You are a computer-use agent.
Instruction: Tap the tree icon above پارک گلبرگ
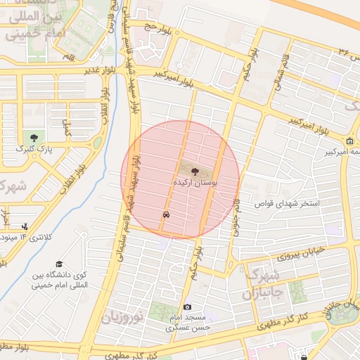click(32, 136)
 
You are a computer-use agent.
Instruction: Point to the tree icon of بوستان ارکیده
click(195, 171)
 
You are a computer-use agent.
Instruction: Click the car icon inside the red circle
click(165, 214)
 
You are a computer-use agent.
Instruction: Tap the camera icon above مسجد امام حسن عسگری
click(187, 307)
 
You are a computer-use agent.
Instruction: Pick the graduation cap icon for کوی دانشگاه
click(58, 263)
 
